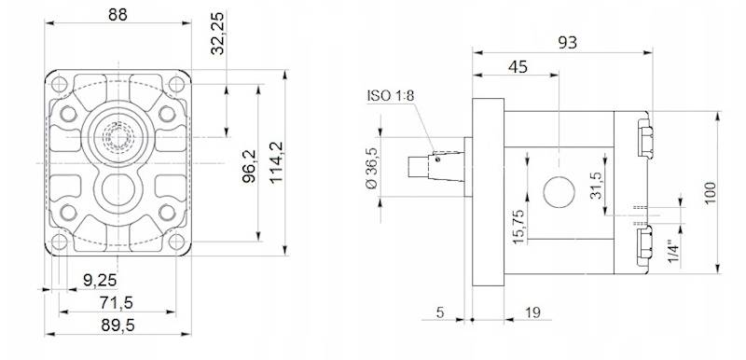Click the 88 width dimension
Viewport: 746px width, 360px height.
pyautogui.click(x=117, y=15)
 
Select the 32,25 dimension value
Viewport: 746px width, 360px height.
pyautogui.click(x=217, y=34)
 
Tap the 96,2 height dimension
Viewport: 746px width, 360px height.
pyautogui.click(x=248, y=166)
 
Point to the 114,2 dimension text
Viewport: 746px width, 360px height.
pyautogui.click(x=276, y=161)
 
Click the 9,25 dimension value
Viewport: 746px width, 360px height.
pyautogui.click(x=100, y=280)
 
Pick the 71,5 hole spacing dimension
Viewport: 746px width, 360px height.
pyautogui.click(x=117, y=302)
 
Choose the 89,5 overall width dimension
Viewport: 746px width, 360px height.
pyautogui.click(x=117, y=325)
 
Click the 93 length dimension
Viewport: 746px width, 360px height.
pyautogui.click(x=567, y=43)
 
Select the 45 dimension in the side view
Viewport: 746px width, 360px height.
pyautogui.click(x=518, y=67)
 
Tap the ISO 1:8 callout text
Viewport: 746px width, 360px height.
pyautogui.click(x=391, y=95)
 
